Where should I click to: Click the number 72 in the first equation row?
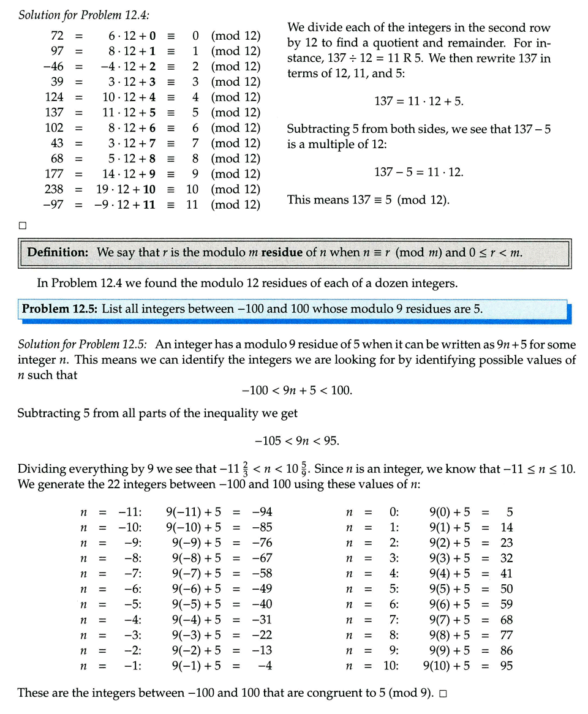56,36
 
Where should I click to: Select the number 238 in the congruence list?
54,189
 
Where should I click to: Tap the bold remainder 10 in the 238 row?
149,189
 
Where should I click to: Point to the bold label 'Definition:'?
58,252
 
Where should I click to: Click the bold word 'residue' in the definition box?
282,252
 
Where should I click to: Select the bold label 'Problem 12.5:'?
59,309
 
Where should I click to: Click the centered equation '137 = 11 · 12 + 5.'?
419,101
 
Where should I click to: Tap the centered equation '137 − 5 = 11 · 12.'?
419,172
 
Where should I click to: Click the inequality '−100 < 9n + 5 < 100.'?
297,390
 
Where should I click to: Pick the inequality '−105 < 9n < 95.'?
297,441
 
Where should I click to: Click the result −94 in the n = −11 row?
262,512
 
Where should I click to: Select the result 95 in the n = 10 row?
506,666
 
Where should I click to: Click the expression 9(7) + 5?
450,620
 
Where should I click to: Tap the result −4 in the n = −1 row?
265,666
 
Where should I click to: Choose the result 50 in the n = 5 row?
506,589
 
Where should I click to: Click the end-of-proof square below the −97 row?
23,225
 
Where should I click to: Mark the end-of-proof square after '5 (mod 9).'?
442,694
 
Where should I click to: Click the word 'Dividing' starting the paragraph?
42,470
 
